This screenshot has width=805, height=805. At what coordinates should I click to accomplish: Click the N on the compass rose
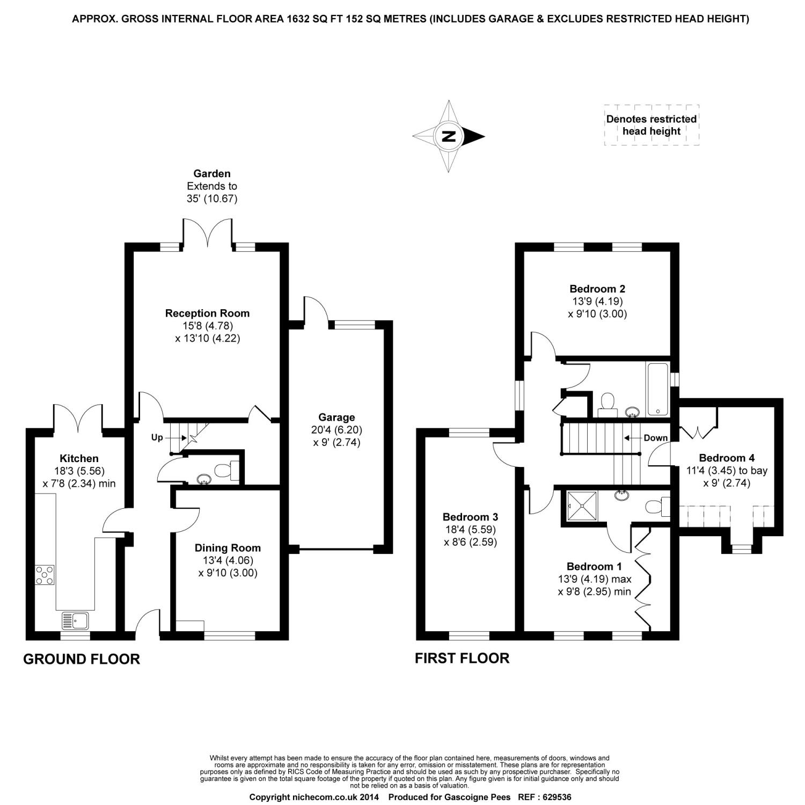click(x=449, y=136)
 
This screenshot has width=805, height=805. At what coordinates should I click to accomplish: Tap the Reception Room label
click(x=207, y=313)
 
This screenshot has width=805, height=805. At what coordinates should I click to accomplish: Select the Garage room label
click(x=336, y=417)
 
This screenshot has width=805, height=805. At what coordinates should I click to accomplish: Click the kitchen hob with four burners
click(x=45, y=575)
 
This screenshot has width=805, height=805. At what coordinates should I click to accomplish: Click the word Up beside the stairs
click(x=157, y=437)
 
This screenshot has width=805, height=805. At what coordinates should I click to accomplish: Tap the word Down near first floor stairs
click(x=655, y=438)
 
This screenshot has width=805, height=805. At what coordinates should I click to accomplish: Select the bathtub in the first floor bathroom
click(x=658, y=389)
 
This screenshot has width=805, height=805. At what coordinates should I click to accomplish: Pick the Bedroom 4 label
click(x=727, y=458)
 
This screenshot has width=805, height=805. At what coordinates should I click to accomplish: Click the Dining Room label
click(x=228, y=548)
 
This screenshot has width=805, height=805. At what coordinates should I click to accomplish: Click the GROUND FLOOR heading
click(x=82, y=659)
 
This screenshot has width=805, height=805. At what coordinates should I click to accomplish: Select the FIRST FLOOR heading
click(x=462, y=658)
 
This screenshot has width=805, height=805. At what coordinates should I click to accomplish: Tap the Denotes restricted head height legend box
click(x=651, y=125)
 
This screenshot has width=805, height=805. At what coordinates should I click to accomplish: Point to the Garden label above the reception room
click(x=212, y=173)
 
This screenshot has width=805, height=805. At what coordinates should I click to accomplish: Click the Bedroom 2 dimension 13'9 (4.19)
click(x=597, y=301)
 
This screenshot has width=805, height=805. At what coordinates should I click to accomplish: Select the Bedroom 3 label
click(x=470, y=517)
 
